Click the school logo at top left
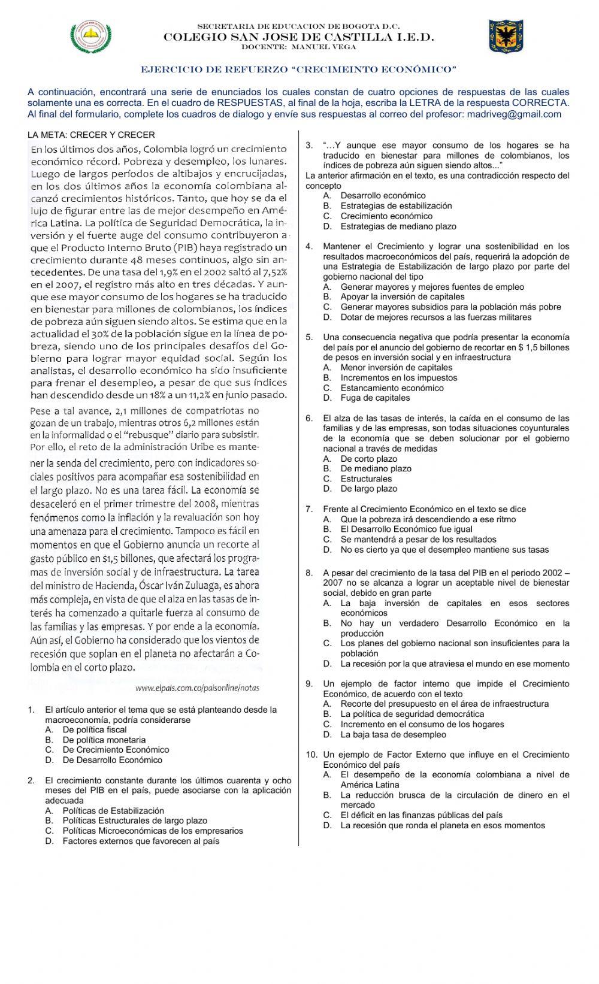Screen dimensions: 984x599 point(91,36)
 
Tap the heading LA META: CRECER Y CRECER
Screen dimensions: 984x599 point(91,135)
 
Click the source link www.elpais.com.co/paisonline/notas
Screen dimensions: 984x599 point(198,688)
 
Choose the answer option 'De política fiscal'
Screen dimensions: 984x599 point(94,729)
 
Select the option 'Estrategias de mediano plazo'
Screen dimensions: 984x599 point(398,226)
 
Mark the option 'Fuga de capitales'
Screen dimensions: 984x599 point(375,398)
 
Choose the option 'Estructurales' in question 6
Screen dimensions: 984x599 point(366,479)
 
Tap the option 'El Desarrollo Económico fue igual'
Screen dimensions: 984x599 point(406,529)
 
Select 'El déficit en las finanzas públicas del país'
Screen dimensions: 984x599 point(421,815)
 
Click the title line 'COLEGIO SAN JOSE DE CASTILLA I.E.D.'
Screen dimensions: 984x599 point(299,37)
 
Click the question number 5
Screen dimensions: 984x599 point(309,337)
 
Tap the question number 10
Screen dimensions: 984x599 point(311,755)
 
